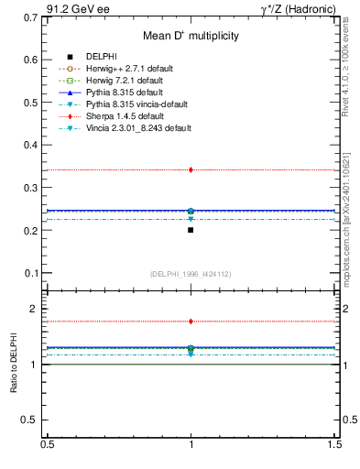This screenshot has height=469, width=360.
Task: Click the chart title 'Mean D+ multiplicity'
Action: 191,36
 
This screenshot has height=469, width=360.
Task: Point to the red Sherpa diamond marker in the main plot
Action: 191,169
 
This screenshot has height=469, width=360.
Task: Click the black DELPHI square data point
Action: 191,230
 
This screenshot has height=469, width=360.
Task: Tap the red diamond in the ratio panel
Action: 191,322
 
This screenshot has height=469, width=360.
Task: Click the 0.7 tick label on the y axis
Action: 30,16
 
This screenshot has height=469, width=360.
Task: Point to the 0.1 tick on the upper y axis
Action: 30,273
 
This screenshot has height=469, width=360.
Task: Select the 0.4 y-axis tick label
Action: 30,145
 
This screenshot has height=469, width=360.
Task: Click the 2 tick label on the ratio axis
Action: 34,310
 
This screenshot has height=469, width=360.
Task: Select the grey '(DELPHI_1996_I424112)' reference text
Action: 191,274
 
